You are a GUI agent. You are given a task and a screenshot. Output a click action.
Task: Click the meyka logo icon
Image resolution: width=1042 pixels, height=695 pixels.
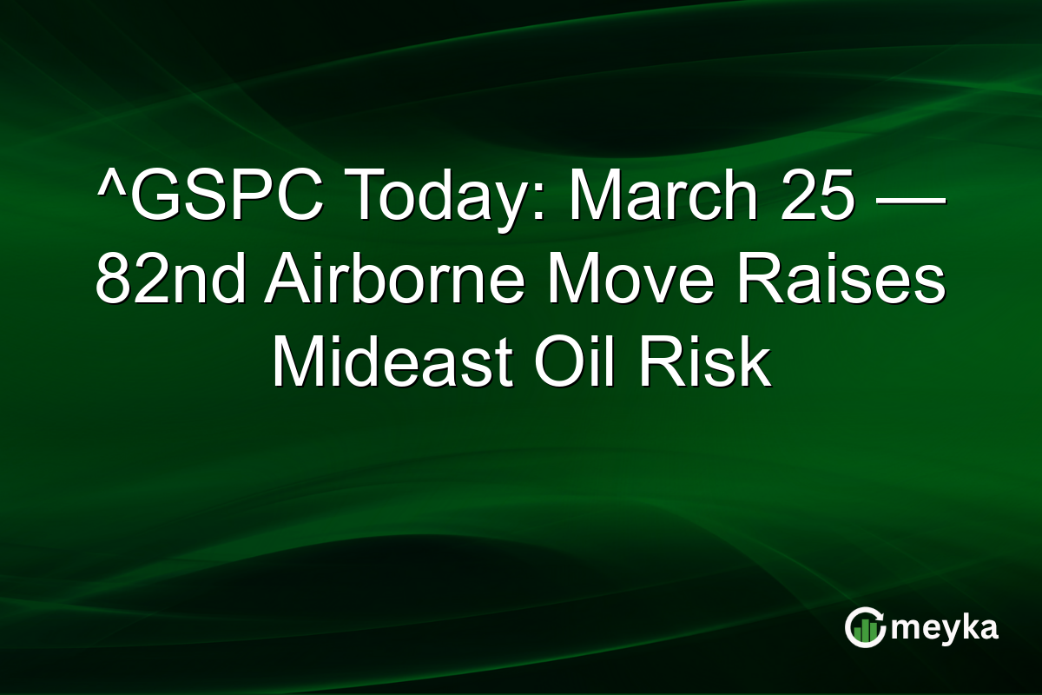[x=865, y=627]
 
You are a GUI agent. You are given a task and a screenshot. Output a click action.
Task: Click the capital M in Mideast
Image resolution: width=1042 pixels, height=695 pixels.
[x=297, y=364]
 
